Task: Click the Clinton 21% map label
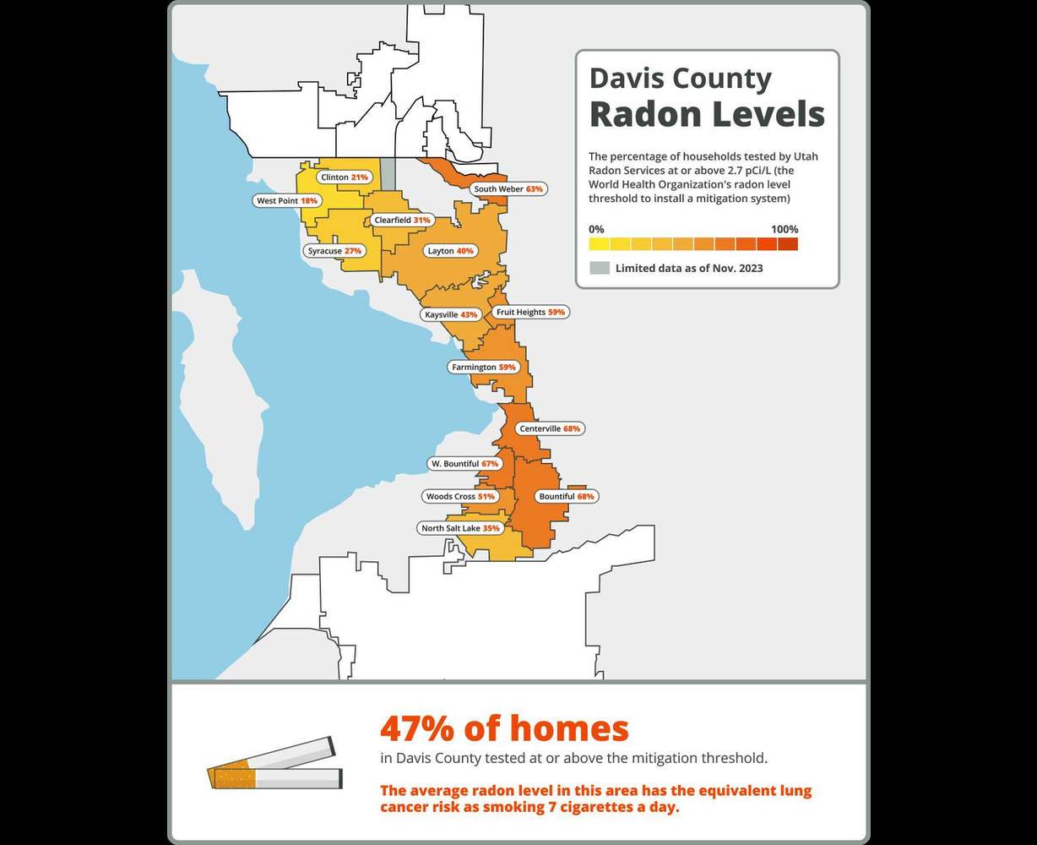[344, 177]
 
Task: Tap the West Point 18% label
[287, 201]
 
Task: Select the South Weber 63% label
[508, 189]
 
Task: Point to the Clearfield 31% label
[402, 220]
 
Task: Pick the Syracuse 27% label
[334, 251]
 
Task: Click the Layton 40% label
[450, 251]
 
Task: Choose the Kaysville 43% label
[451, 314]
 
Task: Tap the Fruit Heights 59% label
[530, 312]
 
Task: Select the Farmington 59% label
[483, 368]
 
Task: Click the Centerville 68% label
[550, 428]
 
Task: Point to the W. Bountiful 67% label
[464, 464]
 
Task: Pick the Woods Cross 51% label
[460, 496]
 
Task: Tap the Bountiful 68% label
[567, 496]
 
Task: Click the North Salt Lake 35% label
[460, 528]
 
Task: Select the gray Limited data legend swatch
[599, 268]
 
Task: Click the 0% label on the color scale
[596, 229]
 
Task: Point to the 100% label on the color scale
[784, 229]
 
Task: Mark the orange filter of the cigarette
[231, 778]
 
